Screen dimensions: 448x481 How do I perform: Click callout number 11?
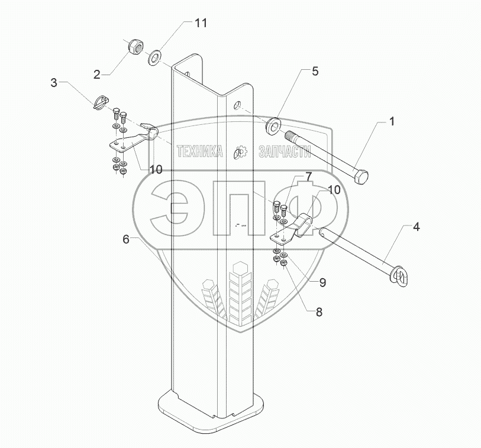201,24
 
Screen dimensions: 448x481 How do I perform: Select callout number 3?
54,83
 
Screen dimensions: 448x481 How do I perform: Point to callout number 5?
315,72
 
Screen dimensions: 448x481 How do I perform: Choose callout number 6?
125,239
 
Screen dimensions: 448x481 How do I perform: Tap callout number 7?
308,176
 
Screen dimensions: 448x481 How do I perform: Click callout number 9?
322,283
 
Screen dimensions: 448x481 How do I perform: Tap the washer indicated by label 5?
273,126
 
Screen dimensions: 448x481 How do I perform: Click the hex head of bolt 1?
361,176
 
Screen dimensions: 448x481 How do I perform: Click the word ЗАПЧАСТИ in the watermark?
285,152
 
